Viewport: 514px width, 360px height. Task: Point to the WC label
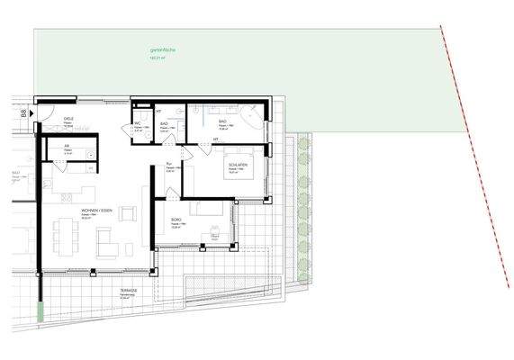pyautogui.click(x=139, y=122)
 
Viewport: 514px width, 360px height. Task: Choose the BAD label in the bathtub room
pyautogui.click(x=222, y=121)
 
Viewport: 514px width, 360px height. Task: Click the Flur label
pyautogui.click(x=169, y=164)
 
